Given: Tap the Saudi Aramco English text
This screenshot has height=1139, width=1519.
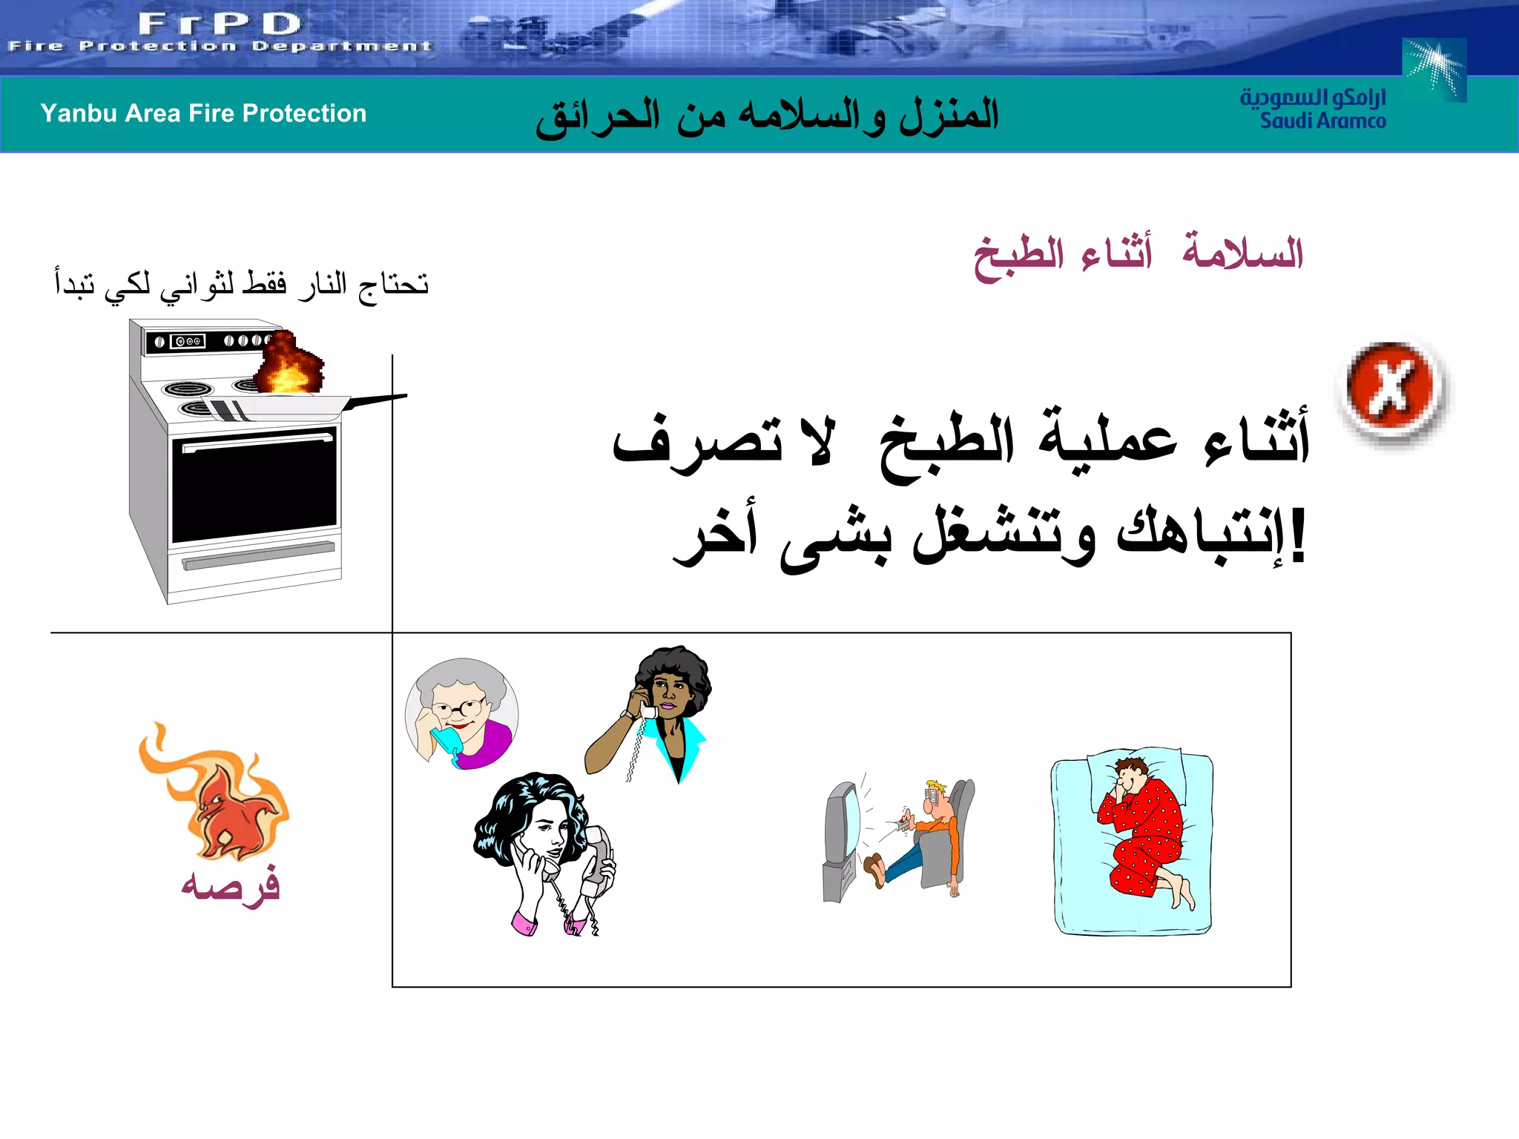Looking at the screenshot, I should pos(1322,121).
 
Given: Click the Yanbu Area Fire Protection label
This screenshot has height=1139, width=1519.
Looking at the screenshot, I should pos(203,113).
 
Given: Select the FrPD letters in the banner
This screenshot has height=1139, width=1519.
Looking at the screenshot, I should pos(220,24).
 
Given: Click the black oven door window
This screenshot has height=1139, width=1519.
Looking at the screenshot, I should pos(254,486).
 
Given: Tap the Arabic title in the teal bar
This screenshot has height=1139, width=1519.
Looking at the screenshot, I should pos(768,116).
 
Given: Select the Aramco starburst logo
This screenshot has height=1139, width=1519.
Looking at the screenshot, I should pos(1435,68).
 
